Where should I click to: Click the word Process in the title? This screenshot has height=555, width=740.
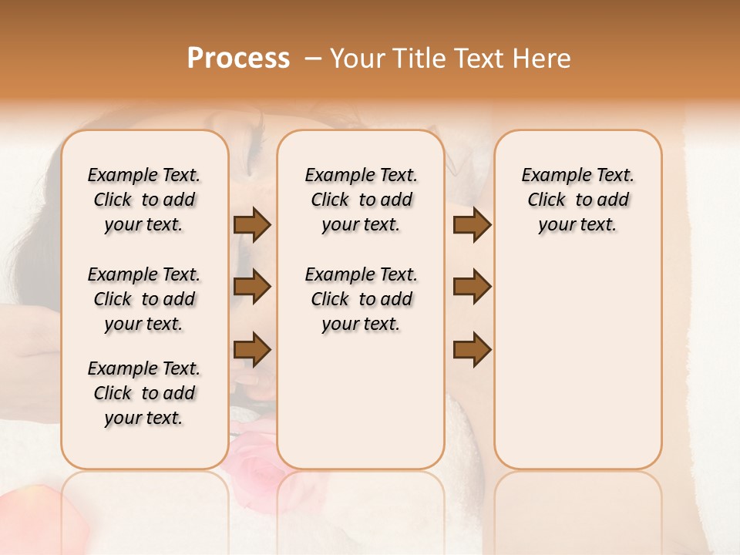[238, 59]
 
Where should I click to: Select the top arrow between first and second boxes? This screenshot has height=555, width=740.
[252, 224]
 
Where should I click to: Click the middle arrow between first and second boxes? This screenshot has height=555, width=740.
[252, 287]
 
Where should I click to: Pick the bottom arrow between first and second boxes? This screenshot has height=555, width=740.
[252, 349]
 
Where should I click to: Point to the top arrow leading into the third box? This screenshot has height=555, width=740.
[472, 224]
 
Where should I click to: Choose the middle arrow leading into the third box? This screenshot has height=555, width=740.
[472, 287]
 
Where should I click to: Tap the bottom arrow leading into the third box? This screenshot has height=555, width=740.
[472, 349]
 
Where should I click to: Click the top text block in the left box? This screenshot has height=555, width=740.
[144, 200]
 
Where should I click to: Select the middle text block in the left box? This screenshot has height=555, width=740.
[144, 299]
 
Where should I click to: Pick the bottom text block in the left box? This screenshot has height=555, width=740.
[144, 393]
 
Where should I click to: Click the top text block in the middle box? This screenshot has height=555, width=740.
[362, 200]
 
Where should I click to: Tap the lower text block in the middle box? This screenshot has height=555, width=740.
[362, 299]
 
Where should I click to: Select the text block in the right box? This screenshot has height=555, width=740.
[578, 200]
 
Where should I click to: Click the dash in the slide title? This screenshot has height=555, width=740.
[313, 59]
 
